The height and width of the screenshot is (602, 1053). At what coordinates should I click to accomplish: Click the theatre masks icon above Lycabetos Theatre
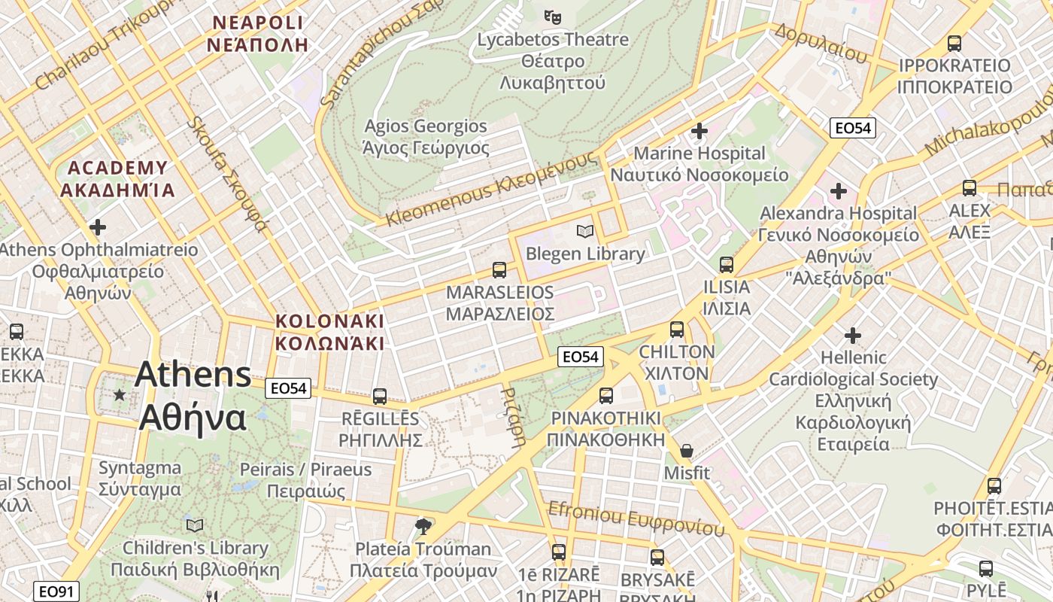553,15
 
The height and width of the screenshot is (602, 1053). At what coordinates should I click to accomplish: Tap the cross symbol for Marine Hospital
699,131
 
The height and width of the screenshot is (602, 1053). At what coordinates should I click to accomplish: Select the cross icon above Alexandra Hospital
838,191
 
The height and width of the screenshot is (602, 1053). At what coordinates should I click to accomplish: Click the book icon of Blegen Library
584,231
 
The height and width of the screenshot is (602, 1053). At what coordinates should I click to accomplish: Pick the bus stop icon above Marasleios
499,269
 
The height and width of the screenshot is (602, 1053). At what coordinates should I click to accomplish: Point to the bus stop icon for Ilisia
726,264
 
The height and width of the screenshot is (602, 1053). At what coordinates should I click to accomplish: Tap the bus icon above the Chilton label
676,329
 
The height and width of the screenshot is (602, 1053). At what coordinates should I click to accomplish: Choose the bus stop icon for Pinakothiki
605,395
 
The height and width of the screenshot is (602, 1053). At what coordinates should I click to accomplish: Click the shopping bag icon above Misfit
686,451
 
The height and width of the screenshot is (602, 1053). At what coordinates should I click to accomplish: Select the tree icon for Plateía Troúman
423,526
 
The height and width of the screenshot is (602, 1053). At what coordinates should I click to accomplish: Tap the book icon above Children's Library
195,525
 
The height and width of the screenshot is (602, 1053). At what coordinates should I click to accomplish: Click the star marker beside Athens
119,394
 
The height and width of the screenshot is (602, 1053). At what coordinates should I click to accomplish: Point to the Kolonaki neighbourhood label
329,332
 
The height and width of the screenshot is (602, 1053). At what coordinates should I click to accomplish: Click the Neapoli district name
257,33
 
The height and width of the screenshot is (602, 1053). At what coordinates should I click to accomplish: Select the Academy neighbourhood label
117,178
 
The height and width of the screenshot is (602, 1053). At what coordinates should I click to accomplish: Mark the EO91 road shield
56,591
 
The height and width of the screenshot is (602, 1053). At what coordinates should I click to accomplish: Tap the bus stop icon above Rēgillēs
380,396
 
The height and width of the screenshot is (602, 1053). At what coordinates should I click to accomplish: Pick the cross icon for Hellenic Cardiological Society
852,335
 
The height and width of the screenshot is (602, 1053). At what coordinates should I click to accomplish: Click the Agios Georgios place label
426,136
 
